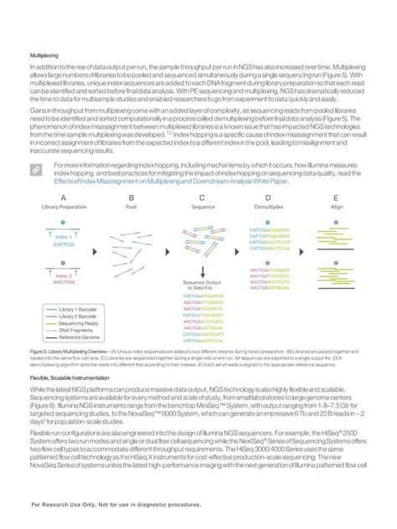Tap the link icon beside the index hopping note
38,169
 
